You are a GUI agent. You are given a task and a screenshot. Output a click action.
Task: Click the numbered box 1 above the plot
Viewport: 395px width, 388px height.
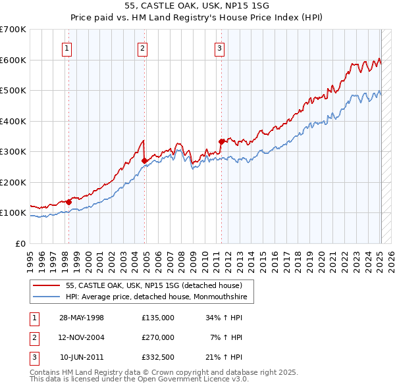(68, 47)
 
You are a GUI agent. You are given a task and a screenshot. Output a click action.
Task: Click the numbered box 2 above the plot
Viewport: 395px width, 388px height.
(143, 47)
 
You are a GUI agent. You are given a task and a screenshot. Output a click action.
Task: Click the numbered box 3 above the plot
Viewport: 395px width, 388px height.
(219, 47)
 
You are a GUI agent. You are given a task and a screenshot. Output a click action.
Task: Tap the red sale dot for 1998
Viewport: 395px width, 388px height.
(68, 202)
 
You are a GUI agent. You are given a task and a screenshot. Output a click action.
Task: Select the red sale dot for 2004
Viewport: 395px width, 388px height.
(144, 160)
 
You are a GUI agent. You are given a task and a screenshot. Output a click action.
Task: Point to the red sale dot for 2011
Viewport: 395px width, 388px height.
(221, 141)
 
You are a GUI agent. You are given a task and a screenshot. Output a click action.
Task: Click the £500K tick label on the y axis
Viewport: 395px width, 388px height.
(13, 90)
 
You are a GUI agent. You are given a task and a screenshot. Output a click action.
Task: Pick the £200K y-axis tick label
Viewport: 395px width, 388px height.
(13, 182)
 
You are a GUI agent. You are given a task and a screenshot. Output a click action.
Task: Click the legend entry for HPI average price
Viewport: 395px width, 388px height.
(155, 297)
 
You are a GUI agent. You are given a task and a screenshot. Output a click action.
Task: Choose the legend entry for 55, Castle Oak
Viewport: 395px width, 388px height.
(154, 285)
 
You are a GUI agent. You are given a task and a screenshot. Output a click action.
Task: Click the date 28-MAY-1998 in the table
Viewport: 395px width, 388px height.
(82, 318)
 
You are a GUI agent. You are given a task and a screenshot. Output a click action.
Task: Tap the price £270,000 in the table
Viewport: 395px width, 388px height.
(158, 337)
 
